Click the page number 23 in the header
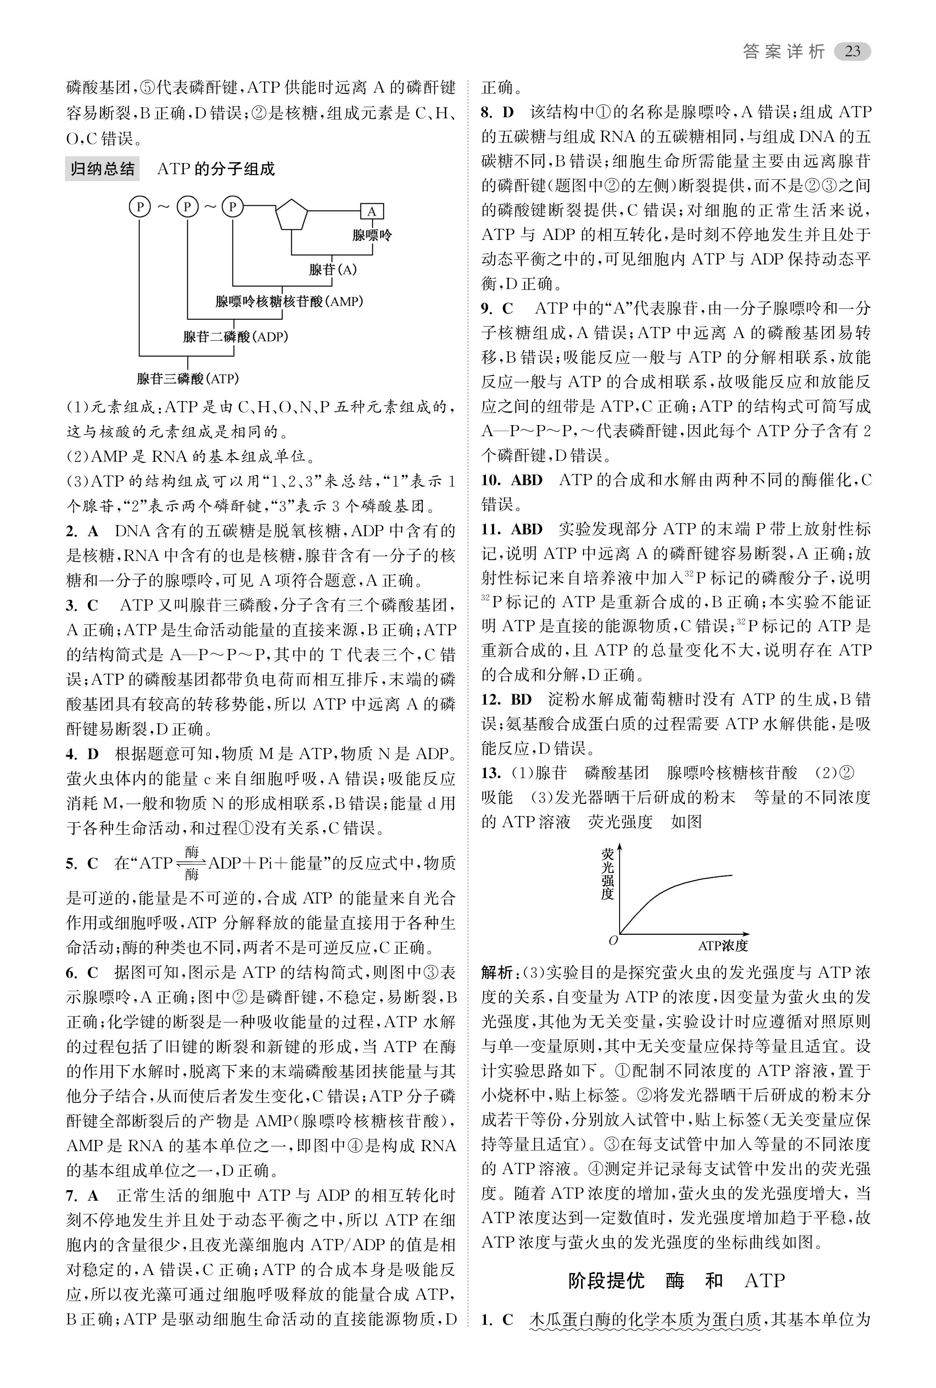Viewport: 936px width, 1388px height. pos(852,52)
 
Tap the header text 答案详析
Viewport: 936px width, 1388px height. pos(784,52)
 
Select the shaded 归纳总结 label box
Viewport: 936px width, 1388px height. pos(102,169)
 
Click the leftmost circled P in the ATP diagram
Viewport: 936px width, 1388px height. pos(140,207)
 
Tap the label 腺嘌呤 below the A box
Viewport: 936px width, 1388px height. pos(371,235)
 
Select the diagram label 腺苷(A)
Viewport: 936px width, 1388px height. pos(333,270)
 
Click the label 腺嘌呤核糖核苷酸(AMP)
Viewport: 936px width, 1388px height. pos(289,302)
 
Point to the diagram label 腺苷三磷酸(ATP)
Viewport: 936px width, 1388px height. pos(187,379)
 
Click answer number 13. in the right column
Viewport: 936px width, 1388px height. pos(491,773)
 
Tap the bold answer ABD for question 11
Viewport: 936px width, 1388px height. pos(527,529)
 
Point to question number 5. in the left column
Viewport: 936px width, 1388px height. pos(72,864)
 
